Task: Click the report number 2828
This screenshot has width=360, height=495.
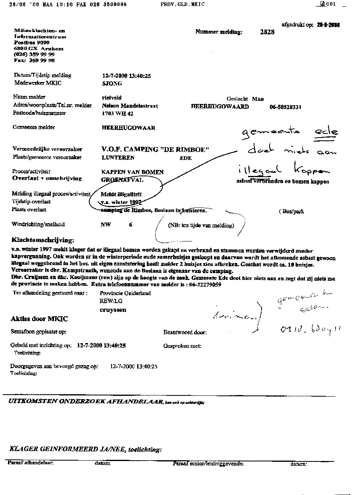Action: click(267, 32)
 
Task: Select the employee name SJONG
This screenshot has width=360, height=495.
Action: click(112, 84)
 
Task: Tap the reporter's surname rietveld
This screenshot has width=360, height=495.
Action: click(112, 98)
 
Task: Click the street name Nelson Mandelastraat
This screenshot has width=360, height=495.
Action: click(124, 106)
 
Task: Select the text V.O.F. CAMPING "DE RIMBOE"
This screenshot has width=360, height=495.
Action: click(156, 149)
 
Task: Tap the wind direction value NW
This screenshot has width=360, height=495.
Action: click(105, 225)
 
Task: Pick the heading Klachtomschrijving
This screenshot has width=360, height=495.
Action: click(43, 240)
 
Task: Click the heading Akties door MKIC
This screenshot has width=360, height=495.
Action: click(39, 319)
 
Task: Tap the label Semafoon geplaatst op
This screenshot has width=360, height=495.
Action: click(38, 332)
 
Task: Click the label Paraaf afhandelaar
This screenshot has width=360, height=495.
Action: click(30, 463)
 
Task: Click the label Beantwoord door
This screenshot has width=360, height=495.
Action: click(185, 332)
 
